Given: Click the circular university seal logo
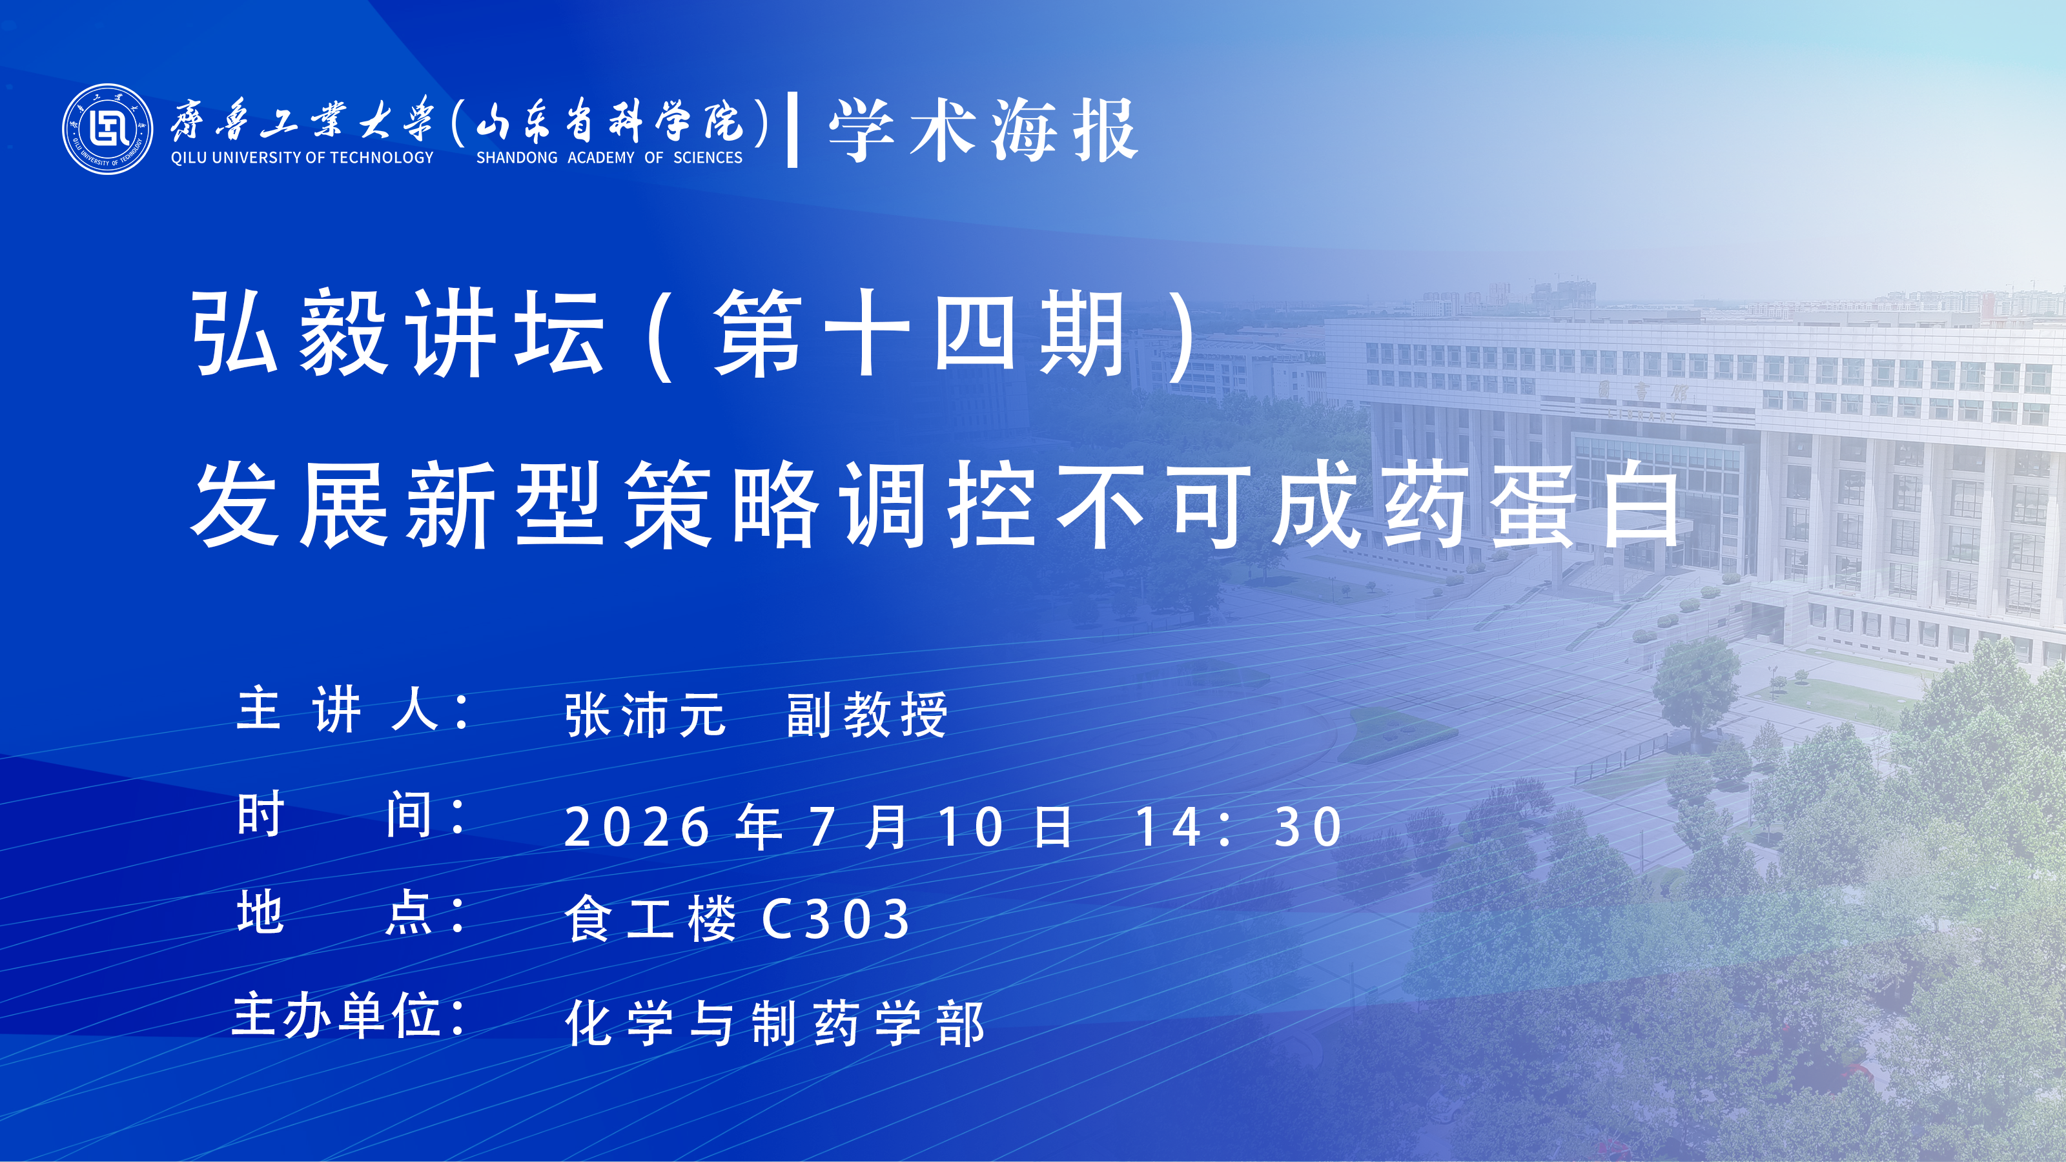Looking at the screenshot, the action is click(x=107, y=128).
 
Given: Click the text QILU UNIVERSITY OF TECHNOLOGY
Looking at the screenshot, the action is click(x=302, y=158).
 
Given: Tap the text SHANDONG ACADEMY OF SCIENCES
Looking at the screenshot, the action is click(x=609, y=158).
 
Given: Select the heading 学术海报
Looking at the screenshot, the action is click(x=983, y=130).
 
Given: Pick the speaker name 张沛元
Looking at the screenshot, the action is click(x=646, y=715).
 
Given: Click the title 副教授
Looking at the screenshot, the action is click(x=867, y=715).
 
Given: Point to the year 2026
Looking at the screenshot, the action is click(x=637, y=828).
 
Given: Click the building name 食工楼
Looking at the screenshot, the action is click(x=650, y=919).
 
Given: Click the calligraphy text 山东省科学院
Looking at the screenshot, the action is click(x=610, y=121).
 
